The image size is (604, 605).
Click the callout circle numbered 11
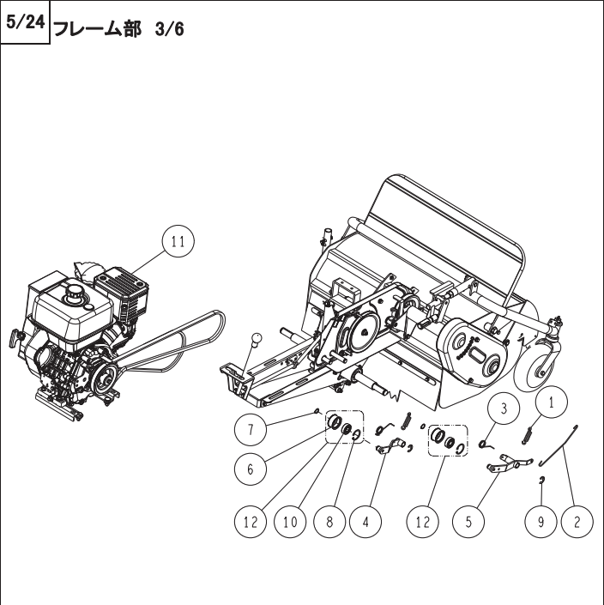[177, 242]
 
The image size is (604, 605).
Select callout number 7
[251, 427]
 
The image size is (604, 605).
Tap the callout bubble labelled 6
[251, 469]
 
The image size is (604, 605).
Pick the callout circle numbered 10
[291, 521]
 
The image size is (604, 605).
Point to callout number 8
[328, 521]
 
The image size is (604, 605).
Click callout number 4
[365, 521]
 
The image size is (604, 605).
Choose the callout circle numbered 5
[469, 521]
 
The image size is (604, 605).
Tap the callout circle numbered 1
[553, 401]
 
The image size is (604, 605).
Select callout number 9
[541, 521]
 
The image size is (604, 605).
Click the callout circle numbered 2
[577, 521]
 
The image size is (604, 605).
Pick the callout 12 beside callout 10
[251, 521]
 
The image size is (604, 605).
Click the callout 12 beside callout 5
[424, 521]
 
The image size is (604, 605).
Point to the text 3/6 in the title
[169, 29]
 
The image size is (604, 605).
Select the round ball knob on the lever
[256, 341]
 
